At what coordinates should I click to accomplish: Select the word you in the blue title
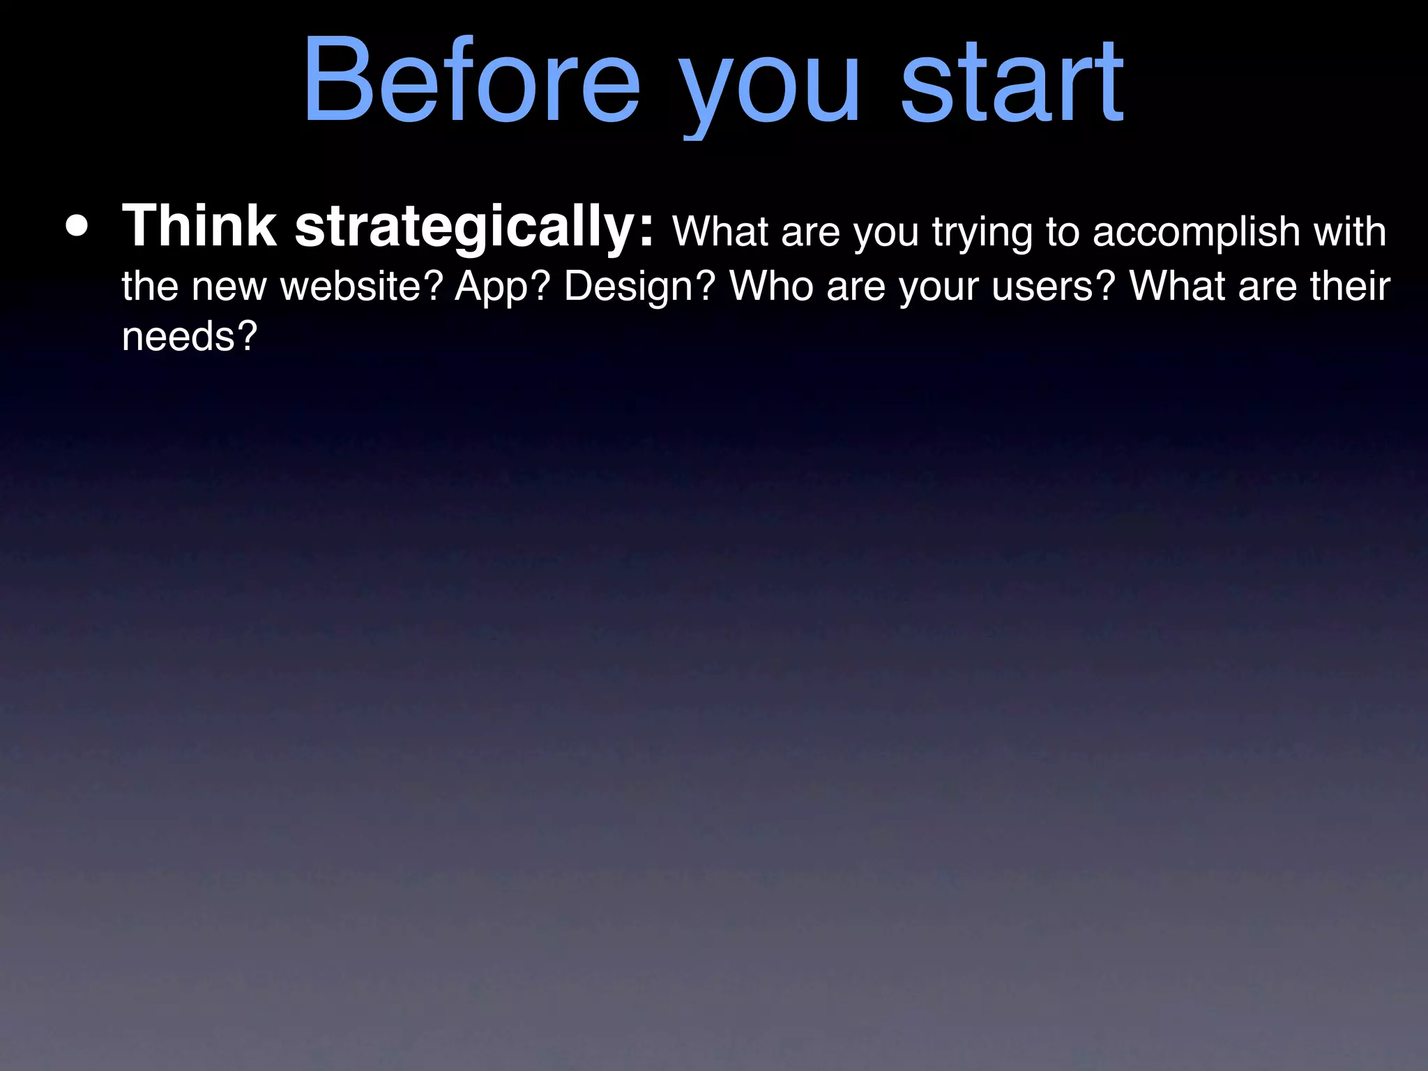pos(770,87)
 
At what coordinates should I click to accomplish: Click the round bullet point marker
pos(77,227)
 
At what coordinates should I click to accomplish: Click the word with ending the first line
pos(1349,231)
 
